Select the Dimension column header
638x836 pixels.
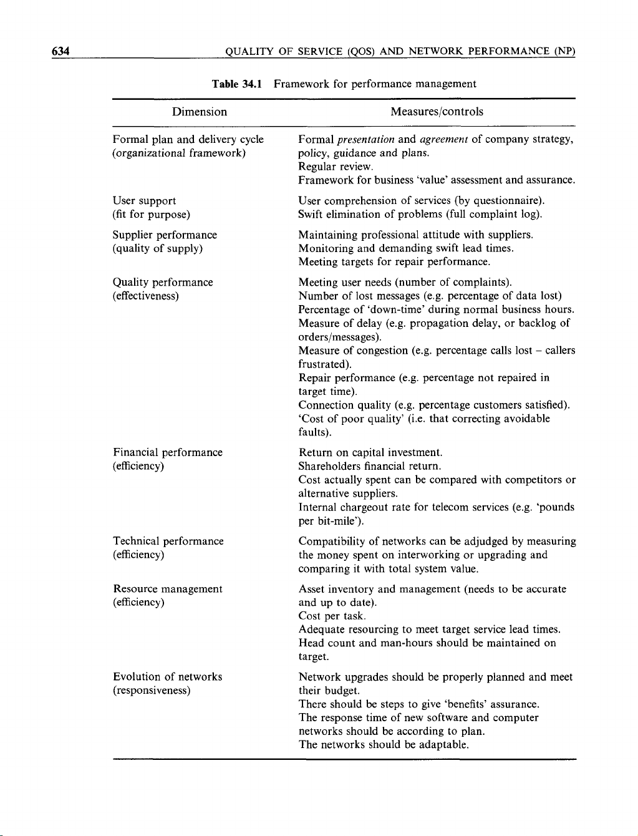[x=200, y=112]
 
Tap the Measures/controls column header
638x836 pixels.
[x=437, y=112]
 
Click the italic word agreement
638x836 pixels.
[x=444, y=140]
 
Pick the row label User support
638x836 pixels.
[x=144, y=201]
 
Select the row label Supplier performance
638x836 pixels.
[x=165, y=235]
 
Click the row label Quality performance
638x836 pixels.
[x=163, y=283]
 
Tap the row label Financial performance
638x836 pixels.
[x=167, y=452]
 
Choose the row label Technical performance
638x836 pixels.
[x=168, y=542]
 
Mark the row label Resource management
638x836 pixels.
[x=167, y=589]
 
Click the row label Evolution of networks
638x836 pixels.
[x=167, y=677]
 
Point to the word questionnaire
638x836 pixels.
[x=506, y=201]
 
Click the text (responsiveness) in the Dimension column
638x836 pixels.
[x=152, y=691]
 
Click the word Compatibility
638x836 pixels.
[x=332, y=542]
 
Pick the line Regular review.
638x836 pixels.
[x=336, y=167]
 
